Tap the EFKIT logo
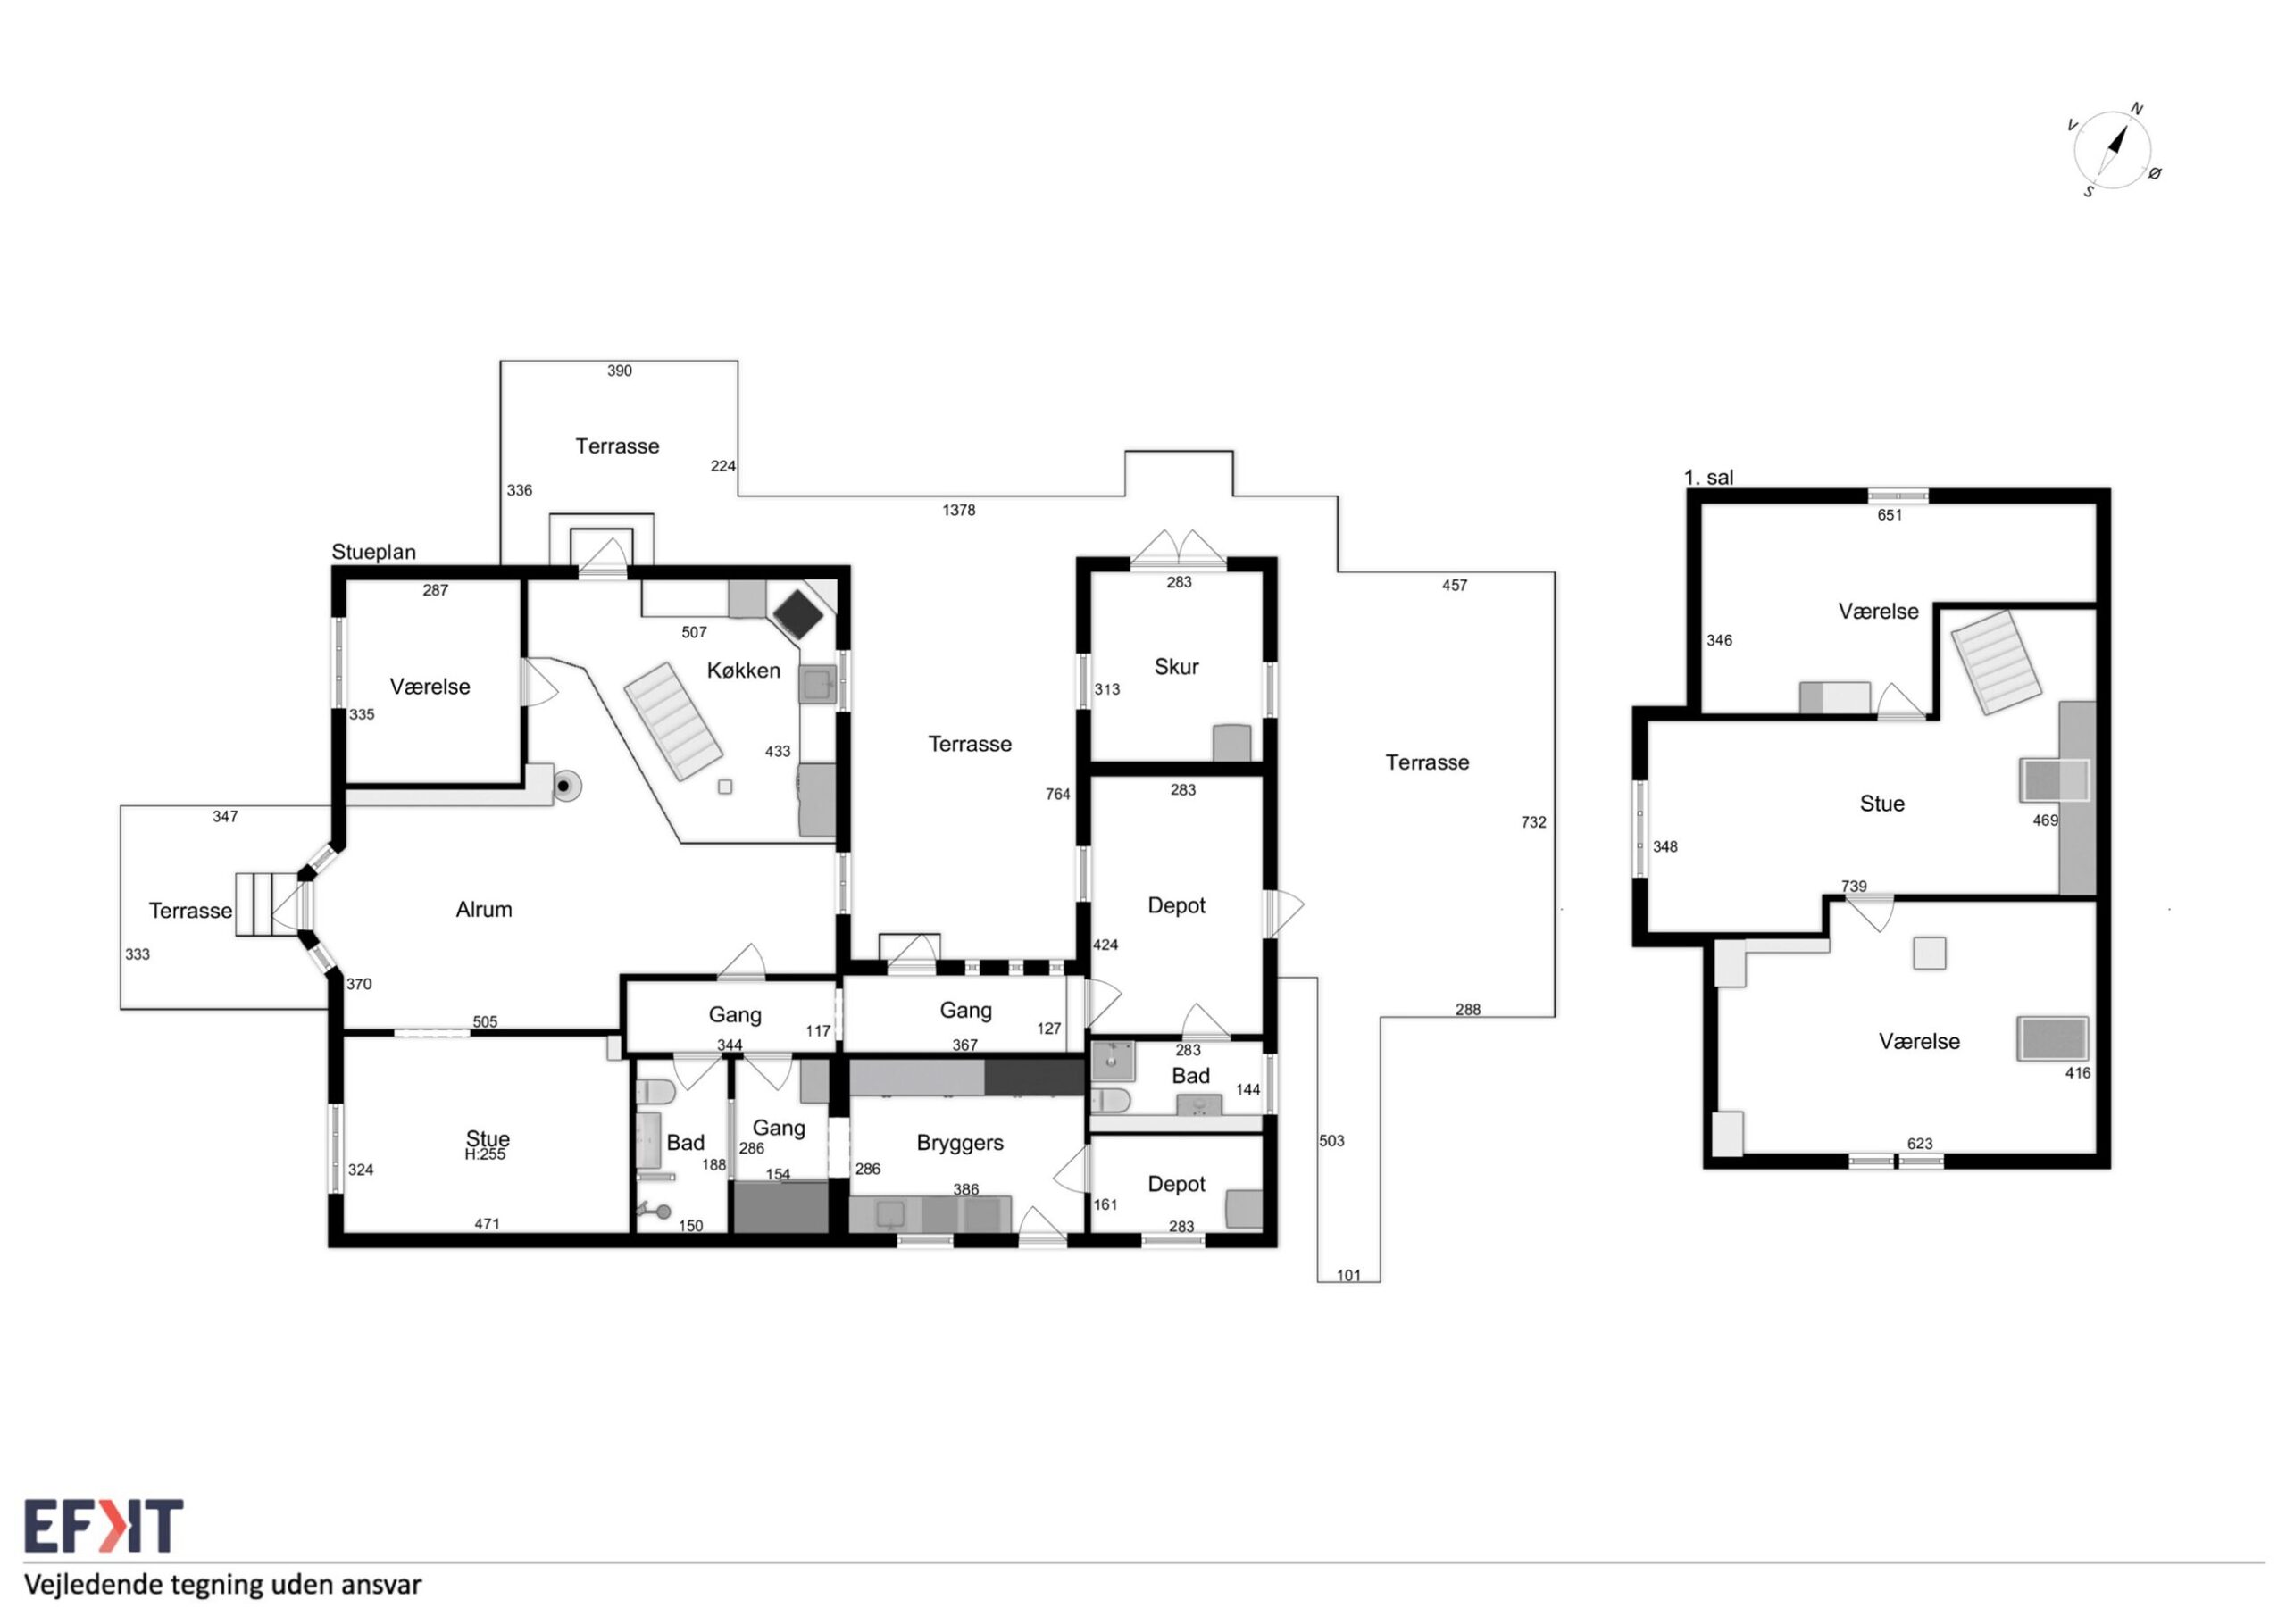pos(104,1527)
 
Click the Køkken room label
pos(744,671)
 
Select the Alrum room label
pos(484,909)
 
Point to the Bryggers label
pos(960,1143)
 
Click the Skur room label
pos(1176,667)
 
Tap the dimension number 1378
pos(959,511)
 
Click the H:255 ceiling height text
pos(485,1155)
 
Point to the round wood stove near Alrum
pos(564,787)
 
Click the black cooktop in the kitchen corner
pos(799,614)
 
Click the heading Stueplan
pos(373,553)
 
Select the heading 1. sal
pos(1708,478)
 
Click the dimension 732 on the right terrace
pos(1533,822)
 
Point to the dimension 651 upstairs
pos(1890,516)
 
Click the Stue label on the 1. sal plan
pos(1881,804)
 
